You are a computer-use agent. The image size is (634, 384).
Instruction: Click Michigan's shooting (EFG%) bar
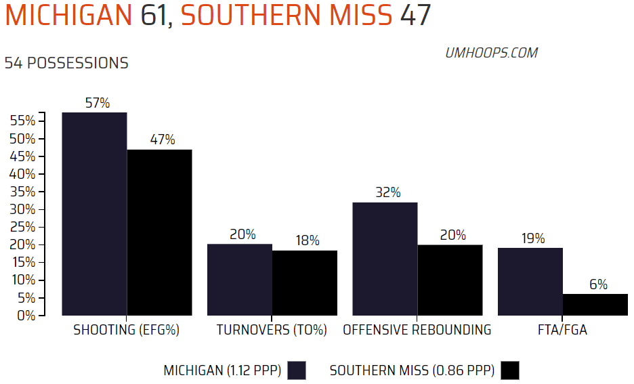point(94,213)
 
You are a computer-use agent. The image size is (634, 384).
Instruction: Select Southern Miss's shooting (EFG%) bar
point(159,232)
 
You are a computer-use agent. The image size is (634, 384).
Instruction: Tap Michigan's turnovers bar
point(240,279)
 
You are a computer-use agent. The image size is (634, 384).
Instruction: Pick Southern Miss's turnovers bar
point(305,282)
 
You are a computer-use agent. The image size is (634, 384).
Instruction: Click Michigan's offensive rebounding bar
point(385,259)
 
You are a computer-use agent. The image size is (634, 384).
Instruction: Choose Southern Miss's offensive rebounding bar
point(450,280)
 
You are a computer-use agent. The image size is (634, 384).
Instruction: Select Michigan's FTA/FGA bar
point(530,281)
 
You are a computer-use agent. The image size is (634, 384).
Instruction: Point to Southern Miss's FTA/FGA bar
point(595,304)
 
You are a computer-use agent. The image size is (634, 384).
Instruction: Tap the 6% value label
point(598,285)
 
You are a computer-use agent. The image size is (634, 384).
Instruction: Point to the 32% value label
point(388,193)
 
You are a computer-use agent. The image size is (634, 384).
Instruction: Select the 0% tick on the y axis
point(26,315)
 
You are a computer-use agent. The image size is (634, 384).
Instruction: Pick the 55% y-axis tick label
point(23,121)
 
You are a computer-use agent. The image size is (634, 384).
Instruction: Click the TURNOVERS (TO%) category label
point(272,330)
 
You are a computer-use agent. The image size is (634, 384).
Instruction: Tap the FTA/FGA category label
point(562,330)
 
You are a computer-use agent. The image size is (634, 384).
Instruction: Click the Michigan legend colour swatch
point(297,370)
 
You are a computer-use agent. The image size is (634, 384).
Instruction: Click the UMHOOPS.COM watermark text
point(491,53)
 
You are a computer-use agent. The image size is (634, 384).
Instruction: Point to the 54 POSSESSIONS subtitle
point(66,63)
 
